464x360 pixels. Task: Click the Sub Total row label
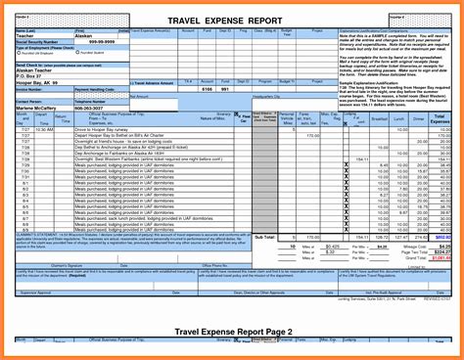click(x=264, y=236)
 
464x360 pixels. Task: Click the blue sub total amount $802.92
click(x=443, y=236)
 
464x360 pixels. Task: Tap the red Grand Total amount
click(x=442, y=257)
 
